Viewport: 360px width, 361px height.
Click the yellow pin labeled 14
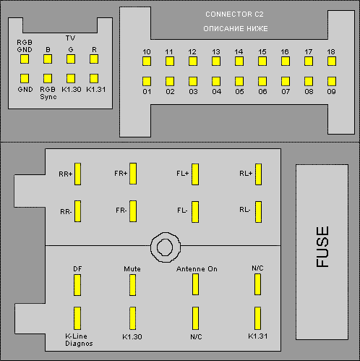239,61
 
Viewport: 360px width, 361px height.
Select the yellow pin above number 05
239,81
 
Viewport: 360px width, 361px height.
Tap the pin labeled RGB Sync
48,78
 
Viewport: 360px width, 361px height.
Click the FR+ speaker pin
133,174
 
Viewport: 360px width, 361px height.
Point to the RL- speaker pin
258,212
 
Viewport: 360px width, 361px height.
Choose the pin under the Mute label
132,285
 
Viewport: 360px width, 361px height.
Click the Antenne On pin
195,284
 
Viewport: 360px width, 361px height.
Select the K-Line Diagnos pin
77,318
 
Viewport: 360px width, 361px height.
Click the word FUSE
322,247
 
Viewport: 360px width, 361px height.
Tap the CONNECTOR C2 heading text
234,14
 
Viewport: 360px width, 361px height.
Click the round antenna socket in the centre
166,247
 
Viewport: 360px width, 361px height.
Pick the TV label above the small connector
70,38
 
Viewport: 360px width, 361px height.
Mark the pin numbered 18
332,61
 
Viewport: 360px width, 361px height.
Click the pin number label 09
331,92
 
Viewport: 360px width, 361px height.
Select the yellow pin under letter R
94,59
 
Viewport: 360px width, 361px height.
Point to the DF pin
77,285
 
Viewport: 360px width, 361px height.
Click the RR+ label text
66,174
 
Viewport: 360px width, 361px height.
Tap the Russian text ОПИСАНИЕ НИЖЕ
236,29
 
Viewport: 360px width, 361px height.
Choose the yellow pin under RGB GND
25,59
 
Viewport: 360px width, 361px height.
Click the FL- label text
182,211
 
